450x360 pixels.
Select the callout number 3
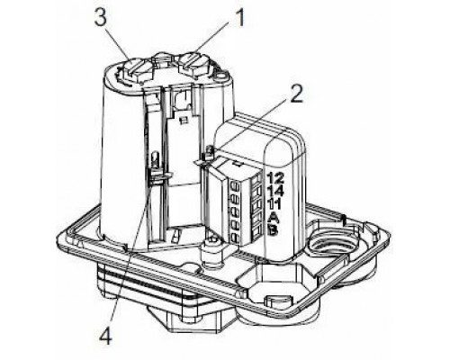point(101,19)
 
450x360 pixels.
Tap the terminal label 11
point(274,204)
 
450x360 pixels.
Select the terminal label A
point(274,217)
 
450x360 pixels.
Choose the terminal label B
point(274,230)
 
